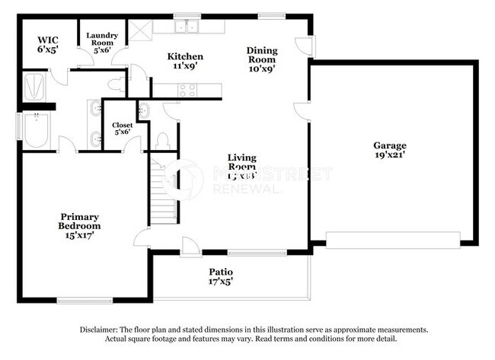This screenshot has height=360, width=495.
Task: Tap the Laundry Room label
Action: (x=101, y=44)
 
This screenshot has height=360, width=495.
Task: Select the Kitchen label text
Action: (x=185, y=62)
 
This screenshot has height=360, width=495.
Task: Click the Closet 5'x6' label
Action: (x=122, y=129)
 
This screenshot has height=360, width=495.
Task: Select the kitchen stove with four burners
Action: (x=187, y=91)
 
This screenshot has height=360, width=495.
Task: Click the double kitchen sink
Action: (x=185, y=28)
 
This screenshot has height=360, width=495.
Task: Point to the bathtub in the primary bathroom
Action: (x=35, y=131)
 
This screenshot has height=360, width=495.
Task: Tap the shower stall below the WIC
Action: (x=35, y=85)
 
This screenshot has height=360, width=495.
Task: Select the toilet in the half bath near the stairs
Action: (x=161, y=140)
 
